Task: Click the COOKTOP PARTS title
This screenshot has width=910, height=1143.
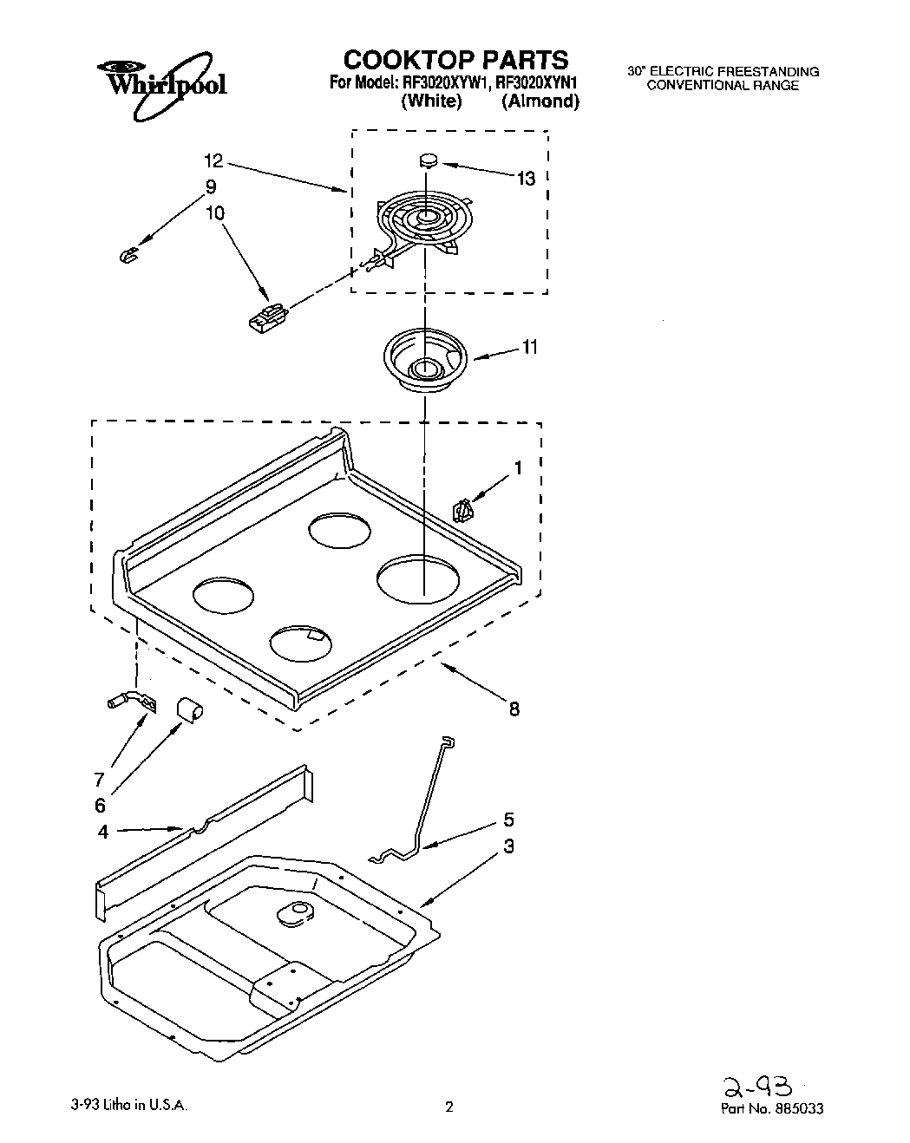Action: (x=455, y=59)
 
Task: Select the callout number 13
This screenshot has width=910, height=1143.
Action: (x=526, y=178)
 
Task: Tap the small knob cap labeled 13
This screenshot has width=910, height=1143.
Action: (x=427, y=160)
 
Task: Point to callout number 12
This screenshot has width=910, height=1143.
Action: (x=213, y=160)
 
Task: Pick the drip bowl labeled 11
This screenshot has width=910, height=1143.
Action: (x=425, y=357)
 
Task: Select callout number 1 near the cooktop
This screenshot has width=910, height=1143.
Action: (x=518, y=467)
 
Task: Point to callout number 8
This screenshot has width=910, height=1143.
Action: (x=514, y=709)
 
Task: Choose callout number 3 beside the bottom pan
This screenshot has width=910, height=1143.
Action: (x=509, y=846)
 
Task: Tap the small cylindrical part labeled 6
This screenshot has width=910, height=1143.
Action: (x=189, y=709)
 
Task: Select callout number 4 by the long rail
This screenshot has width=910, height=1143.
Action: (x=103, y=832)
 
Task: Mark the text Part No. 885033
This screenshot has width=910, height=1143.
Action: (x=772, y=1107)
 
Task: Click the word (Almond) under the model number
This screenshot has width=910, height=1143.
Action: (x=540, y=101)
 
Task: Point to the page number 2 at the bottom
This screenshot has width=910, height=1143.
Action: (x=449, y=1107)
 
